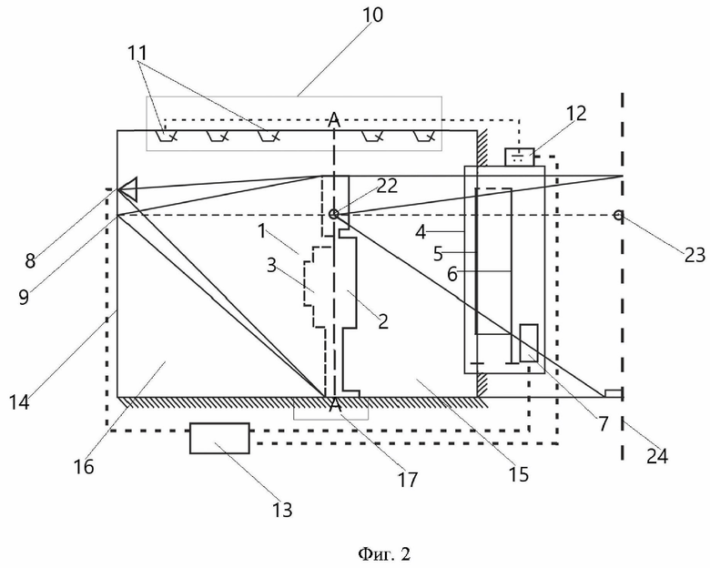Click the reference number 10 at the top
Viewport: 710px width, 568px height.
coord(372,15)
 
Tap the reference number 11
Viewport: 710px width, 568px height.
coord(137,53)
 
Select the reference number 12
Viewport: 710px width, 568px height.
coord(575,113)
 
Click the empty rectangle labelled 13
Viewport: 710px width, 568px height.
coord(219,438)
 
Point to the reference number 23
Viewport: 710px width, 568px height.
coord(695,256)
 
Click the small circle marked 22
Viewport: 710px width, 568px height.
coord(334,214)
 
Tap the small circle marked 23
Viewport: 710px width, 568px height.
coord(618,215)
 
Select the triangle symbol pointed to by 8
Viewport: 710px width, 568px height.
coord(128,189)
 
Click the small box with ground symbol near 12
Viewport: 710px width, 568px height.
coord(520,157)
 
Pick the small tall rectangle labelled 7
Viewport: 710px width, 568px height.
coord(529,343)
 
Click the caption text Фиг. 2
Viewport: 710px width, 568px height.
coord(384,553)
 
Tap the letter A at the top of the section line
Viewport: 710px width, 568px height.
coord(334,119)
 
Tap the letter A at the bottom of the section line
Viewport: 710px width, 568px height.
coord(335,405)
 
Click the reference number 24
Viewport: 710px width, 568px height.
coord(656,456)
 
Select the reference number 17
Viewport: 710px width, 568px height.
coord(407,480)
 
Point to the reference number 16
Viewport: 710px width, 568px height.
coord(84,466)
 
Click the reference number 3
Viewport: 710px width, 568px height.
coord(271,266)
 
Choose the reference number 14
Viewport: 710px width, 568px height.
coord(19,401)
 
